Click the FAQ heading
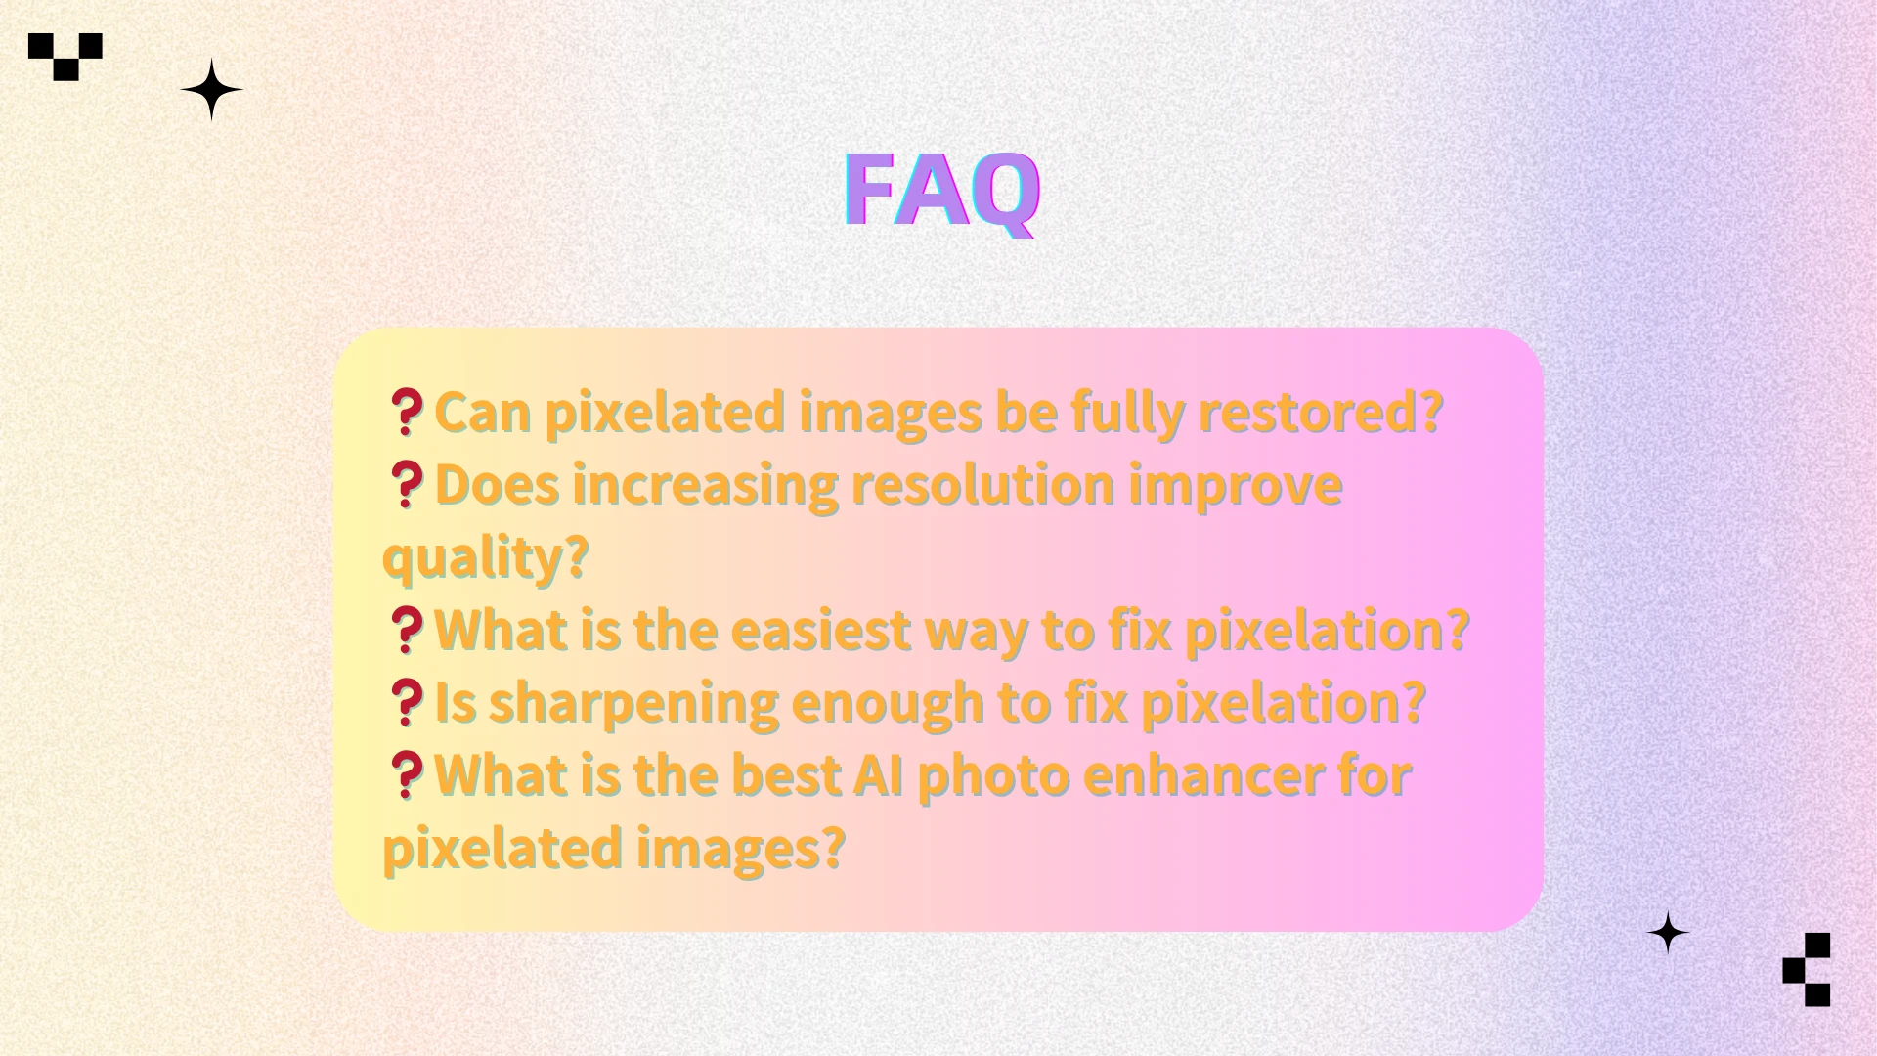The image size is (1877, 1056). point(941,191)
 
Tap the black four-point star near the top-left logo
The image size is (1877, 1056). point(211,90)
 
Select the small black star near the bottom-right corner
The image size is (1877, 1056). point(1668,933)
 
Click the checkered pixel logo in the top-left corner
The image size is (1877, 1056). point(65,56)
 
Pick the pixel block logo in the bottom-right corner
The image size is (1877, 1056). point(1808,969)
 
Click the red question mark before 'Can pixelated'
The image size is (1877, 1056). point(406,412)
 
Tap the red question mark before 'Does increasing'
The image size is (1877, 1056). point(406,485)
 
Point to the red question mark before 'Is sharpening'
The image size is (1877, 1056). point(406,702)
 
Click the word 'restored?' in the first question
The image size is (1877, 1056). point(1321,412)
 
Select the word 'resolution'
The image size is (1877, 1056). point(982,485)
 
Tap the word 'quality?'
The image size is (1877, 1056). point(486,557)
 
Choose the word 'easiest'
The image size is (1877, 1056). point(821,630)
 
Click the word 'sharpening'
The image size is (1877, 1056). point(633,702)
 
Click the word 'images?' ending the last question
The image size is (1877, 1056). point(740,849)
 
